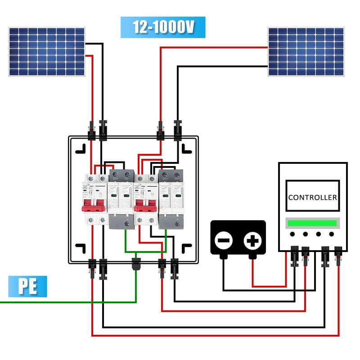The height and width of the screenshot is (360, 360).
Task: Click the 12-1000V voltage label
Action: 163,27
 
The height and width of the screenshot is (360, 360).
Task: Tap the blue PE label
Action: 27,287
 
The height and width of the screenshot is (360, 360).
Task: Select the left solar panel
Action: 47,52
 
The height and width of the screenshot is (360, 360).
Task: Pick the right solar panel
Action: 306,52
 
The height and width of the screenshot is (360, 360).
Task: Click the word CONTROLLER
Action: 313,197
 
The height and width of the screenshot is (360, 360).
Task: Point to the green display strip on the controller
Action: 313,223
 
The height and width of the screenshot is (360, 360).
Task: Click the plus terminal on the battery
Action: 252,241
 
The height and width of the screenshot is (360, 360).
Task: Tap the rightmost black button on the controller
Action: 332,234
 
